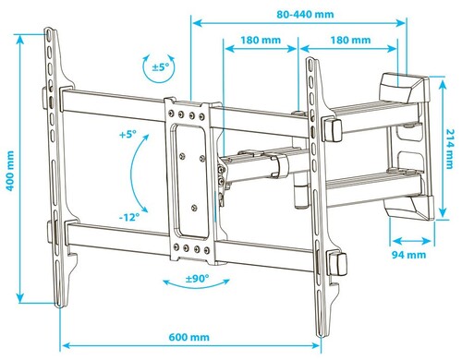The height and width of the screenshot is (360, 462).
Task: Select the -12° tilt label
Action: point(128,218)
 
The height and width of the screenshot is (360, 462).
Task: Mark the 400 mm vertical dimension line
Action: point(25,166)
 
